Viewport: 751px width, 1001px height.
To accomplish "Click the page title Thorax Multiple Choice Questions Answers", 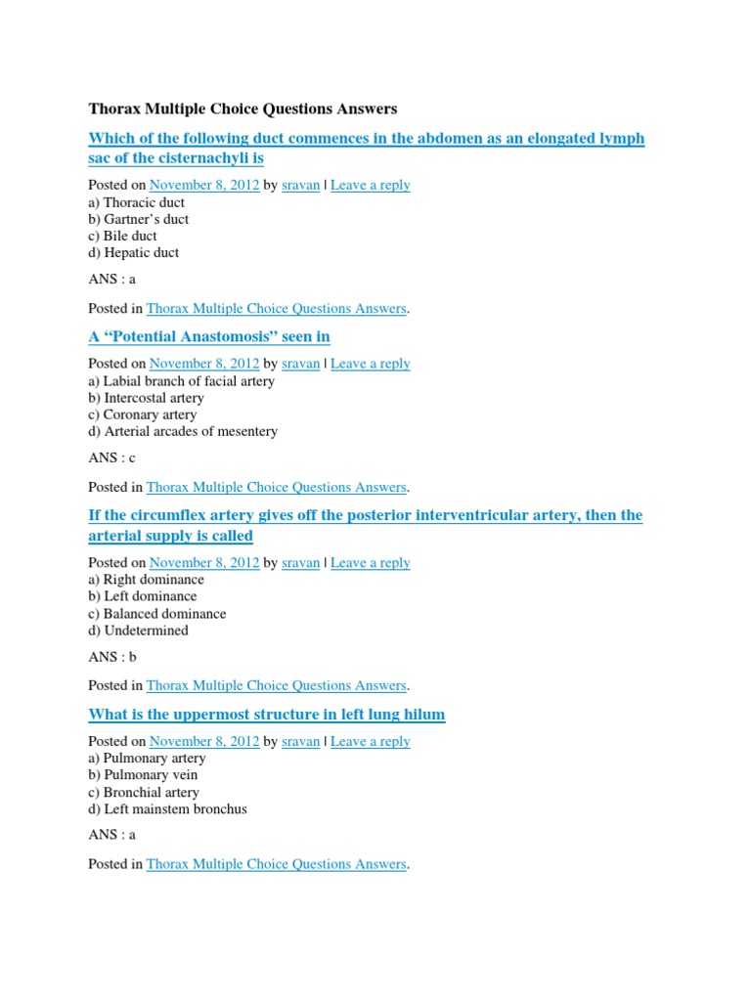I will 243,109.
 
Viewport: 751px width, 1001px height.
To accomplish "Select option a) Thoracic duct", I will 136,202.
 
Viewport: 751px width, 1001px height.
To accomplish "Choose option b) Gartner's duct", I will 138,219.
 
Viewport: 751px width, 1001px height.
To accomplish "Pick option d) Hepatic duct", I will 133,252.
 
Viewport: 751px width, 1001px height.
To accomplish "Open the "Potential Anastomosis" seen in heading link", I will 209,336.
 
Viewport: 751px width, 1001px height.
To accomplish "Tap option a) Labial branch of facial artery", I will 181,381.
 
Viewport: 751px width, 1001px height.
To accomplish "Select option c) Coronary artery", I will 144,414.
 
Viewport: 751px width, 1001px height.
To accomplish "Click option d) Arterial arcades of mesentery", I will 183,431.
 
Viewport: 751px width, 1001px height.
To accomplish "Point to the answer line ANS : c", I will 111,457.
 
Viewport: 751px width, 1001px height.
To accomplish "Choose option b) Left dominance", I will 142,596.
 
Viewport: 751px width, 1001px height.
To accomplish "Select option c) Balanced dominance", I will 156,614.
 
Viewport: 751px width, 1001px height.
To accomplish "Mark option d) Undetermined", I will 138,631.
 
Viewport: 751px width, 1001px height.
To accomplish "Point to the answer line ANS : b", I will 111,657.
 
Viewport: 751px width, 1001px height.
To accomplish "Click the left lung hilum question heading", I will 266,715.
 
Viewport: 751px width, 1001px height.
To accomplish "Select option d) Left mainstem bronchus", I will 167,808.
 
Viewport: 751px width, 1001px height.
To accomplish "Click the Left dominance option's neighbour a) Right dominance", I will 146,580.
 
